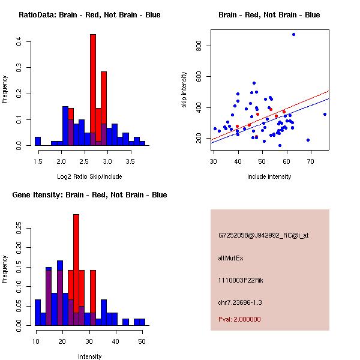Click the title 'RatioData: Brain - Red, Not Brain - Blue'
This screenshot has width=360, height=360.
pyautogui.click(x=89, y=15)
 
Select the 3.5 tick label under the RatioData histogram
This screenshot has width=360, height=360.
pyautogui.click(x=130, y=161)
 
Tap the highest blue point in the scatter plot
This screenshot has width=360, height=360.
pyautogui.click(x=293, y=34)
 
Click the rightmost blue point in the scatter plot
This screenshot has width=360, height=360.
pyautogui.click(x=325, y=114)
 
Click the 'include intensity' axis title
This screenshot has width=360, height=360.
pyautogui.click(x=269, y=176)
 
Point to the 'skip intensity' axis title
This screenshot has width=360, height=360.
pyautogui.click(x=185, y=90)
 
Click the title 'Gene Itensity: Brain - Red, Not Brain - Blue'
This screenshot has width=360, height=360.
pyautogui.click(x=89, y=195)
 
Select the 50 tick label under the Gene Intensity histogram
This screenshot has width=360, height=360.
pyautogui.click(x=142, y=341)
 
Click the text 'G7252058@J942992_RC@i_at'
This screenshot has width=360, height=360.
pyautogui.click(x=263, y=236)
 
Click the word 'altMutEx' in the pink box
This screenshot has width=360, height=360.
pyautogui.click(x=231, y=258)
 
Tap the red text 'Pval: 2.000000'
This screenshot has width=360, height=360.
pyautogui.click(x=239, y=319)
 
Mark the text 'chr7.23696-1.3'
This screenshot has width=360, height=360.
pyautogui.click(x=240, y=302)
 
